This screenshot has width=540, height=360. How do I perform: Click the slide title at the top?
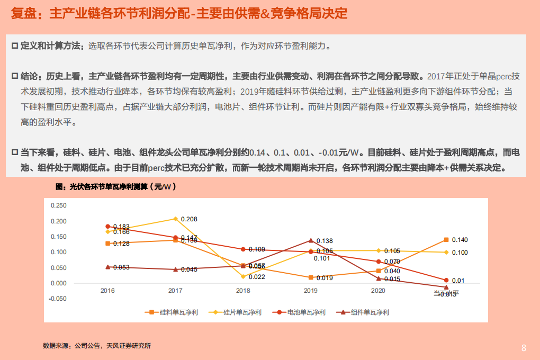click(x=179, y=14)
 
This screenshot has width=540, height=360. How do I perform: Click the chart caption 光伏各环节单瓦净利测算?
click(x=116, y=187)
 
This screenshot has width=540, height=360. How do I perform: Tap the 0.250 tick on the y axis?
click(x=58, y=205)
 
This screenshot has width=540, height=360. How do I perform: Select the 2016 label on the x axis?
click(x=107, y=291)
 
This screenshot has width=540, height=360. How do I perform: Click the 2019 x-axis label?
click(x=311, y=291)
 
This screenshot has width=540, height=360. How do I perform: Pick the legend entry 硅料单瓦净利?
click(x=172, y=312)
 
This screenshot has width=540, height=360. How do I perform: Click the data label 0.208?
click(x=189, y=219)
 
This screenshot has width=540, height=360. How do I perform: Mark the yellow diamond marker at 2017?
click(x=175, y=219)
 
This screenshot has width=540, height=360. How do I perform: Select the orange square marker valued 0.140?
click(x=446, y=240)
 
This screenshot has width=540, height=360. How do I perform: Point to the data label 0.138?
click(x=325, y=241)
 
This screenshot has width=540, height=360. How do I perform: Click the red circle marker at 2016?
click(x=107, y=227)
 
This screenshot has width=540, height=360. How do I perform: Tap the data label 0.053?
click(x=121, y=267)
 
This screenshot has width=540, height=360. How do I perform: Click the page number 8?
click(x=524, y=348)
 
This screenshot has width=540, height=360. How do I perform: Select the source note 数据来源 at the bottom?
click(x=97, y=346)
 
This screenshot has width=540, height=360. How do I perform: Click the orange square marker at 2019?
click(x=311, y=277)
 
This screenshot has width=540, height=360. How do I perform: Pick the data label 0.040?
click(x=392, y=271)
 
